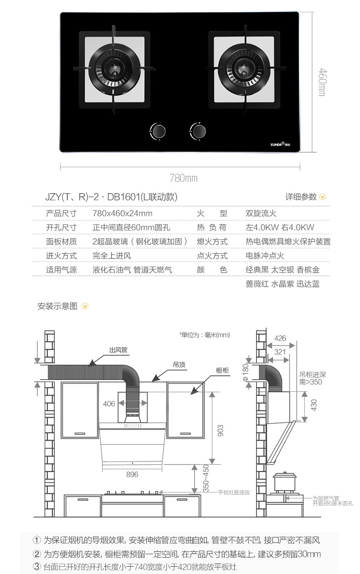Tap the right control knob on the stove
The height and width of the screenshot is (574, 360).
199,131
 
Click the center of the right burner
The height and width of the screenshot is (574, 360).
244,70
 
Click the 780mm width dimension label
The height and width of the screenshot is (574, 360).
184,178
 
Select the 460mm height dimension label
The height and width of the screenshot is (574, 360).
322,82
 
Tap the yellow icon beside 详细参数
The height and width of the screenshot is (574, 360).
323,197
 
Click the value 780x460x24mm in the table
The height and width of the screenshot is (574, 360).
122,214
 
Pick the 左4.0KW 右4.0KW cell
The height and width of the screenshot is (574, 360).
280,228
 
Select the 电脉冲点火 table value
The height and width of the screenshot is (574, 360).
265,256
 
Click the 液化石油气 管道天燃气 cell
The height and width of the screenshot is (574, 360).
132,270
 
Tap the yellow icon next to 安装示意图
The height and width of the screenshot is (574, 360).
85,307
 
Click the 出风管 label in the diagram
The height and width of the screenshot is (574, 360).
118,350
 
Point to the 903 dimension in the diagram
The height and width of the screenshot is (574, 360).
221,430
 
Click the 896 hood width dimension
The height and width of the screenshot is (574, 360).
132,475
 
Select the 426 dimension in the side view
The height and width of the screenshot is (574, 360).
280,338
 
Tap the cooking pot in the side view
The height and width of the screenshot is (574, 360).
284,482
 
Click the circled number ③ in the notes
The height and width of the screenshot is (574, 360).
37,567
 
